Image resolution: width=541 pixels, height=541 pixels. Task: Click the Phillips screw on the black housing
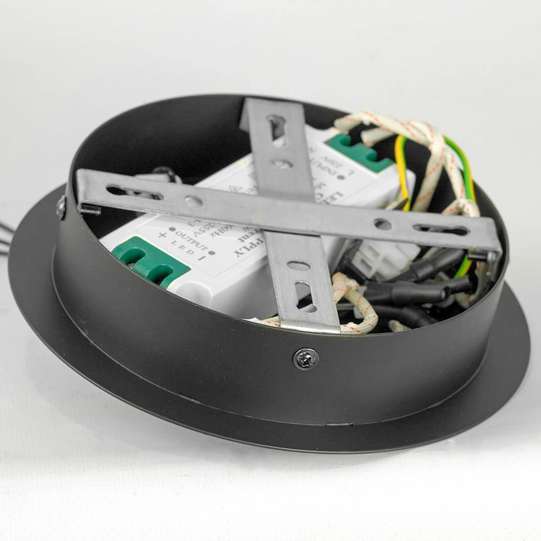pyautogui.click(x=306, y=358)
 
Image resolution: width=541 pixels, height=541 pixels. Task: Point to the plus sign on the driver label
pyautogui.click(x=162, y=234)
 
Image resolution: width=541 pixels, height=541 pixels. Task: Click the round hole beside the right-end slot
pyautogui.click(x=383, y=223)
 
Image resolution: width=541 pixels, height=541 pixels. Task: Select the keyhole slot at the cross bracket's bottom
pyautogui.click(x=306, y=296)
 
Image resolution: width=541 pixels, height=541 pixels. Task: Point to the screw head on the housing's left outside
pyautogui.click(x=61, y=207)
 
